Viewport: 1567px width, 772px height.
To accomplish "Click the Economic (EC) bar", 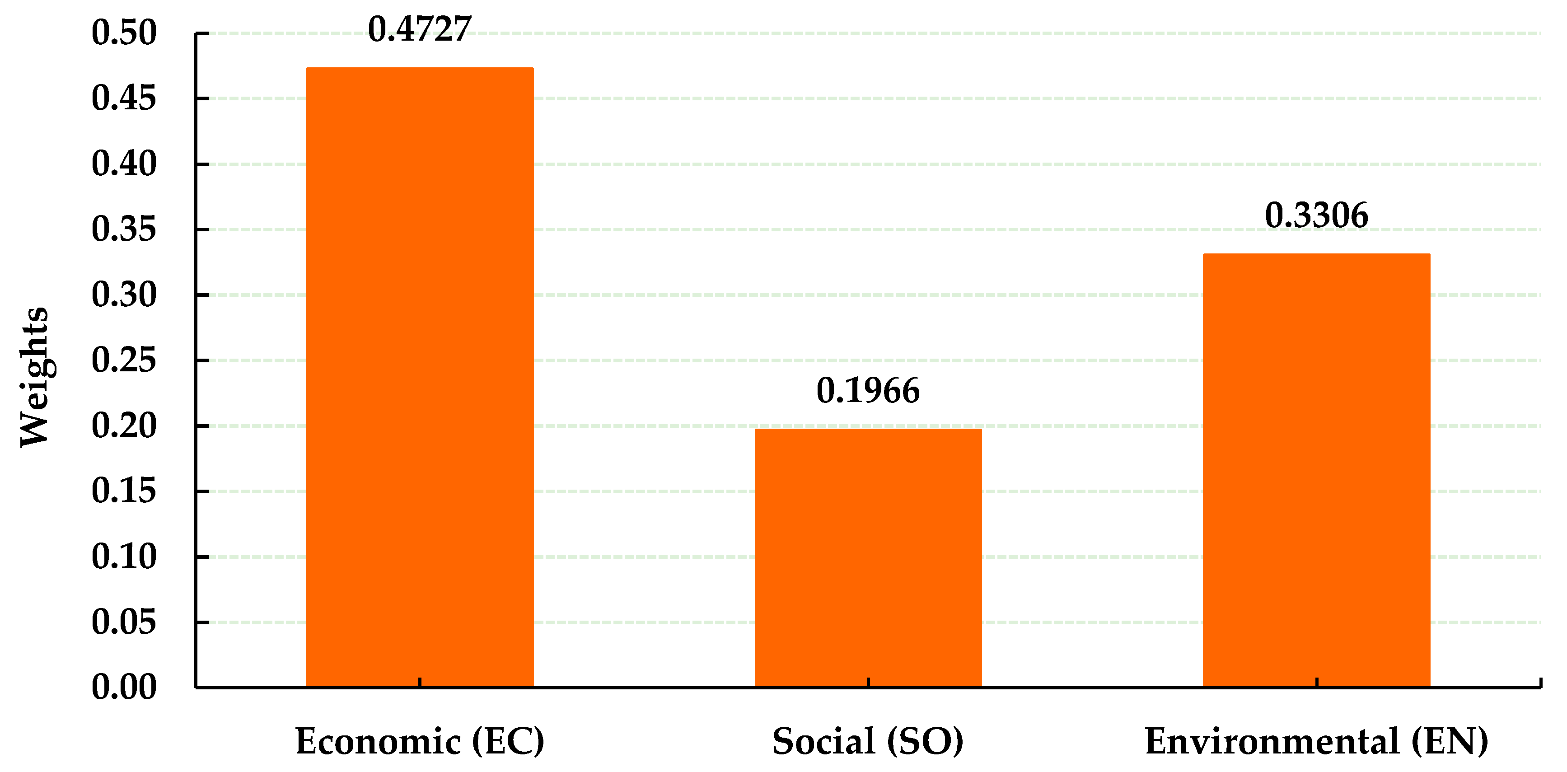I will pos(420,377).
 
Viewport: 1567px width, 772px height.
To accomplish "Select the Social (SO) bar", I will pos(868,558).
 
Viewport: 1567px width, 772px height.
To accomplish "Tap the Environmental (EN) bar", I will pos(1316,470).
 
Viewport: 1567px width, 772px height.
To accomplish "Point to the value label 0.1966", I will pos(868,391).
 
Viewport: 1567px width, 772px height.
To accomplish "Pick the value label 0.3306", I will pos(1316,215).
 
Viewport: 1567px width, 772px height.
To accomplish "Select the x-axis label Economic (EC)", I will pos(420,742).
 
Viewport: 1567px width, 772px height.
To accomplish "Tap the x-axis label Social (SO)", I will pos(868,742).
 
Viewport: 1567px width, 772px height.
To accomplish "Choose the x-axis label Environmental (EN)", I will pos(1316,742).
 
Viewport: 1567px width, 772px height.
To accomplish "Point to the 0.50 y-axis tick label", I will pos(124,33).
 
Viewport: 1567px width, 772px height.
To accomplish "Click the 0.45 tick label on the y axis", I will pos(124,98).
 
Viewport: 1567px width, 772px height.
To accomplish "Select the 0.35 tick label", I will pos(124,229).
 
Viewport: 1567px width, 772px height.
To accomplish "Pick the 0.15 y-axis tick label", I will pos(124,491).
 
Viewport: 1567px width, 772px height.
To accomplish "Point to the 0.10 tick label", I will pos(124,557).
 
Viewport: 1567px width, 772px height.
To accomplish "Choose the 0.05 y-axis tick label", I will pos(124,622).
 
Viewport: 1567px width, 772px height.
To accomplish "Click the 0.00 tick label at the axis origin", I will pos(124,688).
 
